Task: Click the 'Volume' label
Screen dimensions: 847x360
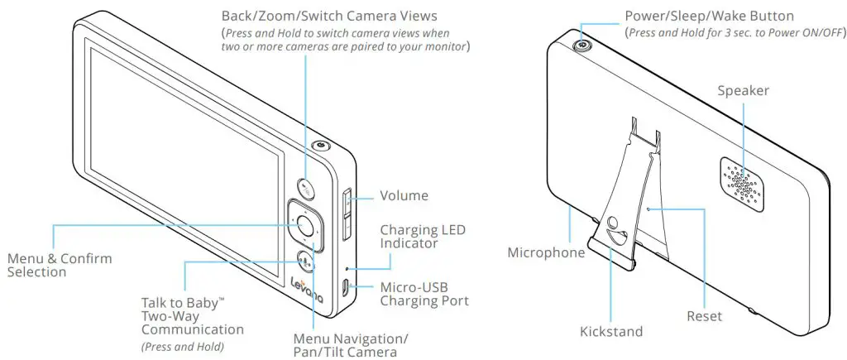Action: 404,196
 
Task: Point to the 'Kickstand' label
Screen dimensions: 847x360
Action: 611,332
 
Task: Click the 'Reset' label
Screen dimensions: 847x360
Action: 704,316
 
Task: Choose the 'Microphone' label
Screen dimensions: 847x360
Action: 546,252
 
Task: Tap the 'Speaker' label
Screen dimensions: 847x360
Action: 743,90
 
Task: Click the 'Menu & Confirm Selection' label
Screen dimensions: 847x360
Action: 59,265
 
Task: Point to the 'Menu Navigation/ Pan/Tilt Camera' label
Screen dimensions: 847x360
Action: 350,346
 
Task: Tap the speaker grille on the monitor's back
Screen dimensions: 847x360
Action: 740,180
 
